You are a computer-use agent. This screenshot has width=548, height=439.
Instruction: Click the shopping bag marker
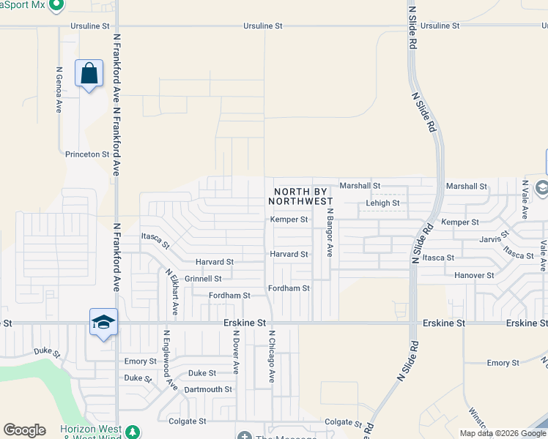pos(89,75)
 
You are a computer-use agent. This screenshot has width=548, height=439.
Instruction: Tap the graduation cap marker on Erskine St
pos(103,323)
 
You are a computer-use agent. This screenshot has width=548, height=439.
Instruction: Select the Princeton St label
pos(87,154)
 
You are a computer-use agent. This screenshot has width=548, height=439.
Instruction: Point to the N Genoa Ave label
pos(59,90)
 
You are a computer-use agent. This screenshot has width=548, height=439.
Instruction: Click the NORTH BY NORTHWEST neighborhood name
pos(303,196)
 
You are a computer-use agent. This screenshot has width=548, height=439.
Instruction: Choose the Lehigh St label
pos(382,203)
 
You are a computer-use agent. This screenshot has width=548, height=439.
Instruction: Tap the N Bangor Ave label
pos(330,234)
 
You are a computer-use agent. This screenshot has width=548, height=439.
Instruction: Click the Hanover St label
pos(474,276)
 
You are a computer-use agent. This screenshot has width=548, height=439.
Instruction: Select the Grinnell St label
pos(203,279)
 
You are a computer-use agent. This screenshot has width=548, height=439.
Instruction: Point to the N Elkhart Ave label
pos(172,292)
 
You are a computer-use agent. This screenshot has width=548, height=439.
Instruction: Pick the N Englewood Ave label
pos(169,359)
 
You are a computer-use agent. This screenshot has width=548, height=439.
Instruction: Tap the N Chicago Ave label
pos(271,356)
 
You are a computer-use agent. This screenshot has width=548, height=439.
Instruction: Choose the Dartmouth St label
pos(208,389)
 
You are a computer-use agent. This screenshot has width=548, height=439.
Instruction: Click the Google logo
pos(24,430)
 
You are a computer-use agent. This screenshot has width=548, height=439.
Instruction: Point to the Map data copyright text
pos(502,433)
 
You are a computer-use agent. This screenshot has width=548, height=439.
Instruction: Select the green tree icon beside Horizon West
pos(132,431)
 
